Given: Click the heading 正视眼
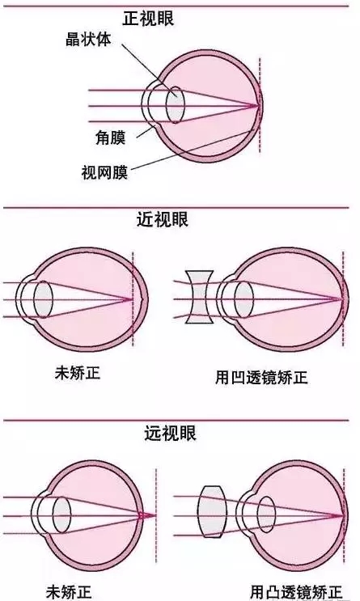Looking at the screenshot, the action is pyautogui.click(x=148, y=19).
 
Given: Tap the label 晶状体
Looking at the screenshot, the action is pyautogui.click(x=88, y=39).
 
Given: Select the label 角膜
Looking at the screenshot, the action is pyautogui.click(x=110, y=138).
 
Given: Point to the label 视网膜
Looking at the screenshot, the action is pyautogui.click(x=104, y=172).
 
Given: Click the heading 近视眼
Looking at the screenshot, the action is pyautogui.click(x=163, y=220).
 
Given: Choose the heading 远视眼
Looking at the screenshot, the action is pyautogui.click(x=170, y=433).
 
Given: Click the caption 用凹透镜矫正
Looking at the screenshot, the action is pyautogui.click(x=261, y=378).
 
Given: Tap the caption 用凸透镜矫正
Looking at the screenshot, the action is pyautogui.click(x=296, y=592).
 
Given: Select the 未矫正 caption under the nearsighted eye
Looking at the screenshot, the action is pyautogui.click(x=78, y=373).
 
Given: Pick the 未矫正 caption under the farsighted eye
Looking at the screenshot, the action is pyautogui.click(x=69, y=592).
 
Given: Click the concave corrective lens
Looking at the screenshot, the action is pyautogui.click(x=199, y=297).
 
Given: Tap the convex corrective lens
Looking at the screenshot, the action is pyautogui.click(x=212, y=512).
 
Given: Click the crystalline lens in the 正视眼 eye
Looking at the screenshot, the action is pyautogui.click(x=176, y=104).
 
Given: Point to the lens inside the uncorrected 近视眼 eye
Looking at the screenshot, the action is pyautogui.click(x=43, y=299).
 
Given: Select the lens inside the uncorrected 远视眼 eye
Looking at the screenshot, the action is pyautogui.click(x=61, y=514).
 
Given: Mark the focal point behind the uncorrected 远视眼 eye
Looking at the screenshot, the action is pyautogui.click(x=154, y=515).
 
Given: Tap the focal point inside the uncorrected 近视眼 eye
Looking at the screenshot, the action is pyautogui.click(x=131, y=299).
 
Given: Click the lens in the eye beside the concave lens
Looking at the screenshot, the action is pyautogui.click(x=244, y=299).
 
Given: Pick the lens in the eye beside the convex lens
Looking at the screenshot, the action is pyautogui.click(x=266, y=514).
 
